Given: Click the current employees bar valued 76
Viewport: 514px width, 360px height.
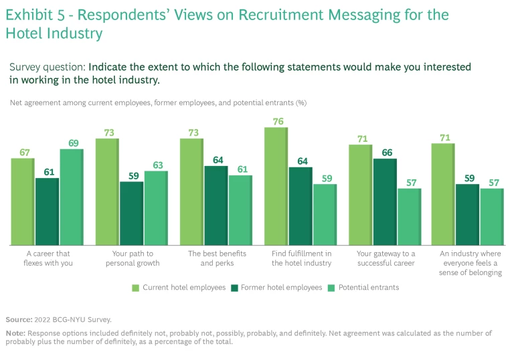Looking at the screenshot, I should pyautogui.click(x=276, y=186).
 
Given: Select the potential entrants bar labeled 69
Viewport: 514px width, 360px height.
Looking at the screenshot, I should pyautogui.click(x=71, y=197).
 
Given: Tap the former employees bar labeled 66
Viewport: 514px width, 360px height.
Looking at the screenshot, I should pyautogui.click(x=385, y=201).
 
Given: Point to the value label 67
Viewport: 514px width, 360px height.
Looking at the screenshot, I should pyautogui.click(x=24, y=153).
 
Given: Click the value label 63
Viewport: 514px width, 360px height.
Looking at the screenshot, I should pyautogui.click(x=158, y=165).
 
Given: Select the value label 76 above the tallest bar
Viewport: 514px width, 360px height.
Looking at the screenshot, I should pyautogui.click(x=276, y=122).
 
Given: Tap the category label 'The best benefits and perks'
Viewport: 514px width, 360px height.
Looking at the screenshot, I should pyautogui.click(x=217, y=258).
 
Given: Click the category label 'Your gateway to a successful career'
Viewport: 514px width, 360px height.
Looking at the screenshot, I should pyautogui.click(x=385, y=258).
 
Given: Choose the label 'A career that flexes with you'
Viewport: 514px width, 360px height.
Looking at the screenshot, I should pyautogui.click(x=48, y=258).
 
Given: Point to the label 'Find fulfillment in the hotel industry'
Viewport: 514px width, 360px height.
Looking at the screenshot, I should pyautogui.click(x=301, y=258).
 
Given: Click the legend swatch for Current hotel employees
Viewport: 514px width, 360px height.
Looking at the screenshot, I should pyautogui.click(x=135, y=287).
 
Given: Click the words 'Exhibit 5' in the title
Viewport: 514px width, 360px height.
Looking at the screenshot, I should pyautogui.click(x=33, y=15).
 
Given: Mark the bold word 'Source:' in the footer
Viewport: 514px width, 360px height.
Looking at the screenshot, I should pyautogui.click(x=19, y=319).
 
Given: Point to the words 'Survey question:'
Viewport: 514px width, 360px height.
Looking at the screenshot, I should pyautogui.click(x=47, y=67).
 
